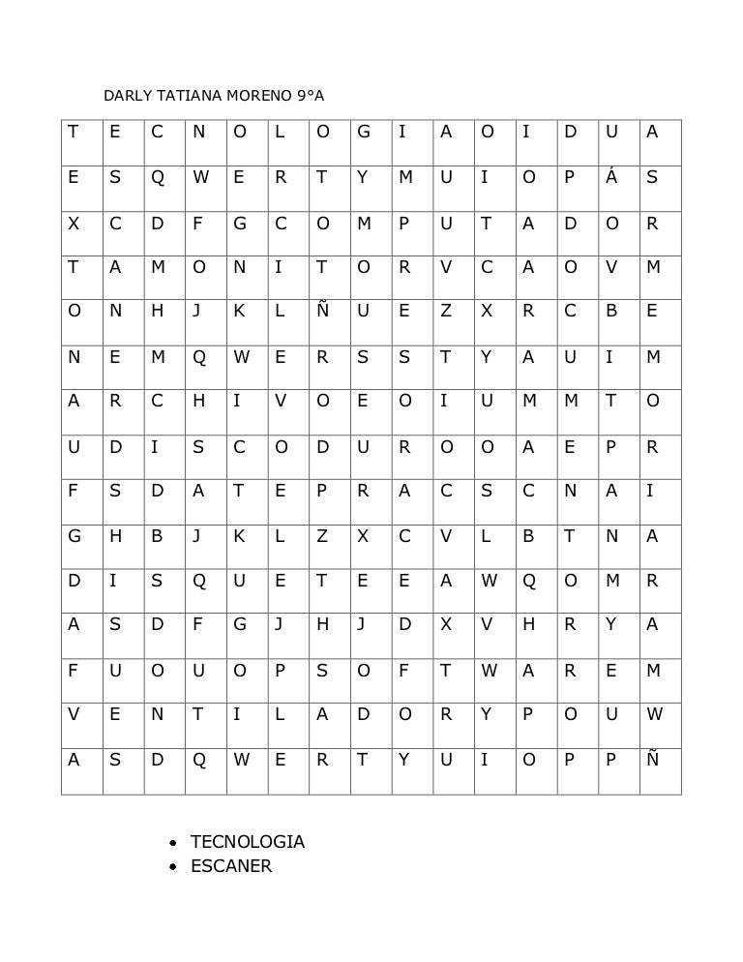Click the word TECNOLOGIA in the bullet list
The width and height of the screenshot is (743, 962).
248,842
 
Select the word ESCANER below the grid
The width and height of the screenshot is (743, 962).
231,866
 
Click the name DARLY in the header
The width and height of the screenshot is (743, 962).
123,97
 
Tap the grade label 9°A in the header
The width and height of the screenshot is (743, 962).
311,97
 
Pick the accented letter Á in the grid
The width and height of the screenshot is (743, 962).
610,178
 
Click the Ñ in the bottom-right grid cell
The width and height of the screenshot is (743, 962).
653,761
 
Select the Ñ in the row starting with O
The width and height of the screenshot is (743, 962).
322,313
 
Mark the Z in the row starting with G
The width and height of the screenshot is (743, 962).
322,537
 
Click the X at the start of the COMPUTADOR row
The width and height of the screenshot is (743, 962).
74,224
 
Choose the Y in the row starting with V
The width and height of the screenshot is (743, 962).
487,716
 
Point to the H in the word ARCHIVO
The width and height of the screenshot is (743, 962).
198,403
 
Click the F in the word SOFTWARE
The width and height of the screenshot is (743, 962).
404,672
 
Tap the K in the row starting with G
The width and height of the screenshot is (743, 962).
239,537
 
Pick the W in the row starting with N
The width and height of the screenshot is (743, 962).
240,358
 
